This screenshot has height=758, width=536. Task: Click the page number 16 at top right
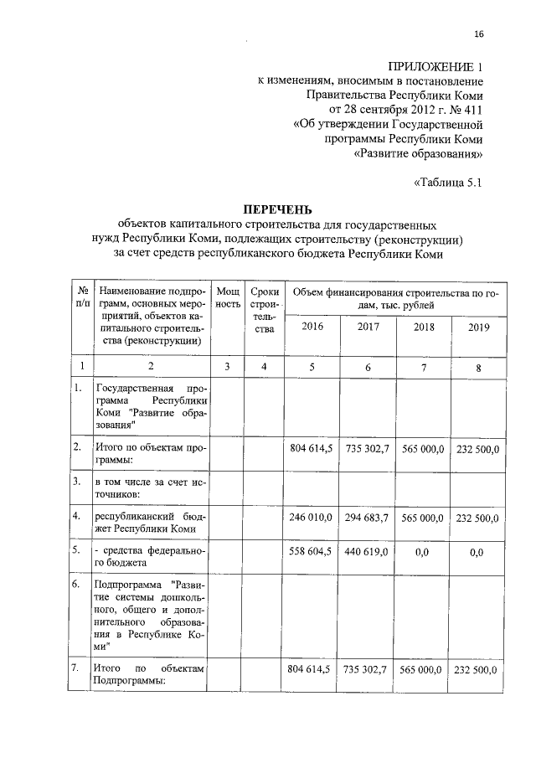478,34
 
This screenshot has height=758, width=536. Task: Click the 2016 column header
312,327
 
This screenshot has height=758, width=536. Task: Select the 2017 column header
368,327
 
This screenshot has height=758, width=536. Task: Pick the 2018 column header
424,327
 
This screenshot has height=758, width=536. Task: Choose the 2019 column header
478,327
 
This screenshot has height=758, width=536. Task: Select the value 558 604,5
312,553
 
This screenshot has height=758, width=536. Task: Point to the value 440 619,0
368,553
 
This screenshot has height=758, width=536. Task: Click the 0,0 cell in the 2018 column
424,553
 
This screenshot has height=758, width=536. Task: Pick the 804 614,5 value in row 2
312,450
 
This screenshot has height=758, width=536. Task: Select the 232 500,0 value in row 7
478,670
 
